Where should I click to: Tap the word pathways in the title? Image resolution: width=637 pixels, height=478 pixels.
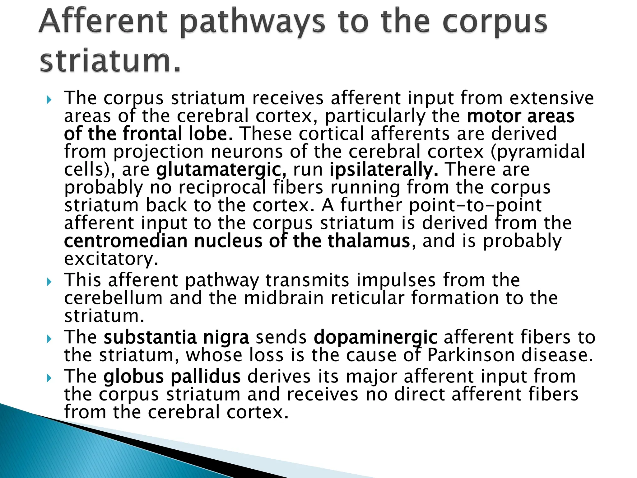pos(253,22)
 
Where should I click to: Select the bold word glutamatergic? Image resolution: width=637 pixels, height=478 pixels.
pos(221,170)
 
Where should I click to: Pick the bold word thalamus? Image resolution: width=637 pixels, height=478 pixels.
pos(369,241)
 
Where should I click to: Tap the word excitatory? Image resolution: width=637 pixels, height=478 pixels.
pos(111,259)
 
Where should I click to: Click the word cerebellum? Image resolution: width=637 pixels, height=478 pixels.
pos(114,298)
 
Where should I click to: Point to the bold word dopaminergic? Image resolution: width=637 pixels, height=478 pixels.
pos(375,338)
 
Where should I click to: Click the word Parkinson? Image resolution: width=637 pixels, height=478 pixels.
pos(471,355)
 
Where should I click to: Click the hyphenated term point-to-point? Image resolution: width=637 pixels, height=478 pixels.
pos(475,206)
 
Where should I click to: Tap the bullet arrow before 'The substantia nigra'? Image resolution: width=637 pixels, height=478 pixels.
pos(49,339)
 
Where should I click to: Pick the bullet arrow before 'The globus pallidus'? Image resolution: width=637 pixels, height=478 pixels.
pos(49,378)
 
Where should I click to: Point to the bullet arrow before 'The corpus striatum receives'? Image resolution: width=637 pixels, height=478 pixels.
pos(49,100)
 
